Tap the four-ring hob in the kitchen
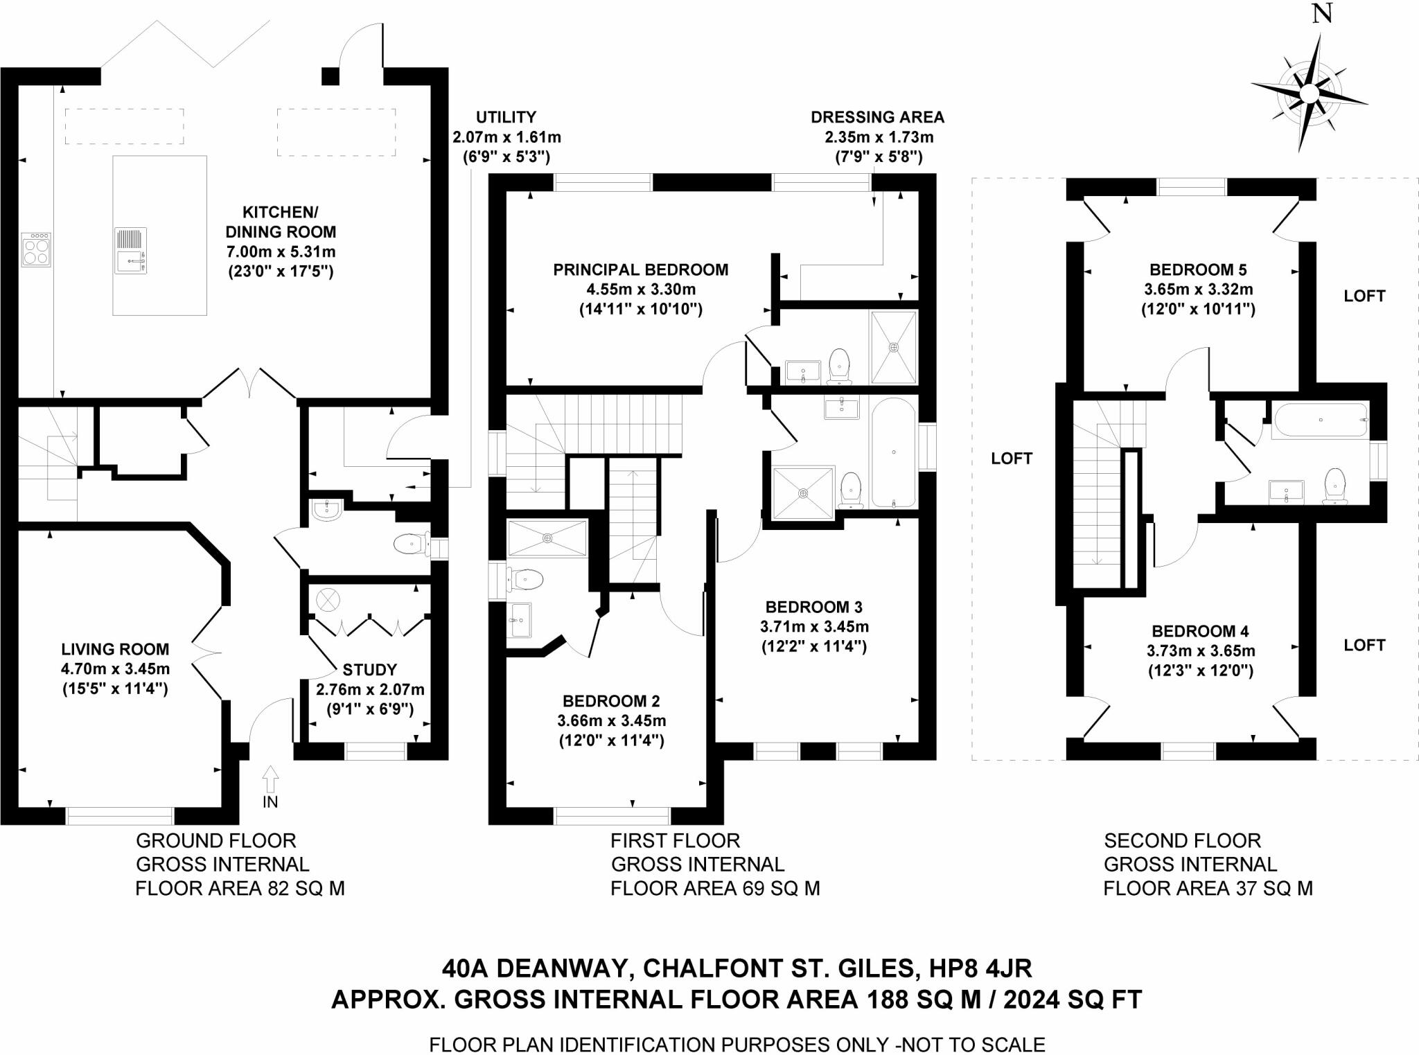tap(35, 249)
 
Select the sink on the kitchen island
tap(131, 251)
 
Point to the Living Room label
tap(115, 649)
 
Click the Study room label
tap(369, 670)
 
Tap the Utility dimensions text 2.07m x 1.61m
tap(506, 137)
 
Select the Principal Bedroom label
tap(640, 269)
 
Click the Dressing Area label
tap(877, 117)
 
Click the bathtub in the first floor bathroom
tap(893, 452)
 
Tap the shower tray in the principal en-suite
tap(894, 346)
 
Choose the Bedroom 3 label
tap(813, 607)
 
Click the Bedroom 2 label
tap(611, 700)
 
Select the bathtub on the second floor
tap(1320, 420)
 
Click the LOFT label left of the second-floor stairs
tap(1012, 458)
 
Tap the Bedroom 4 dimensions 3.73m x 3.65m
tap(1200, 651)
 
